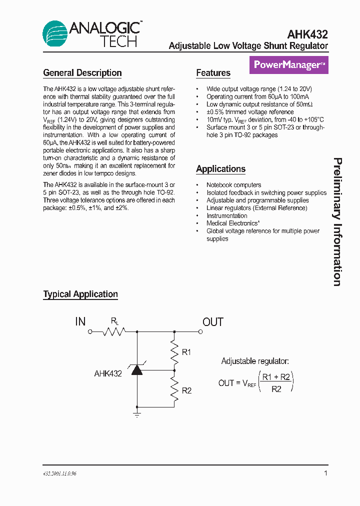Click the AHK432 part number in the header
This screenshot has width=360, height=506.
[x=307, y=34]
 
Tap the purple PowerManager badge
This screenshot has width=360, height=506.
[x=289, y=64]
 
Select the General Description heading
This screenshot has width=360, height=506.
[x=82, y=73]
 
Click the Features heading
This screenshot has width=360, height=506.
[x=213, y=73]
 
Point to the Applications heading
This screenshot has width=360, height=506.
[x=220, y=169]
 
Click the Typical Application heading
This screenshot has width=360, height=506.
[x=80, y=294]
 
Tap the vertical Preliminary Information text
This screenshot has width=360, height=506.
[x=338, y=222]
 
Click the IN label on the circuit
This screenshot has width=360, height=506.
[x=80, y=321]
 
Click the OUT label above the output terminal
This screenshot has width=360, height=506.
[x=212, y=321]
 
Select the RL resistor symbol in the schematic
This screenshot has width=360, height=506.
[x=113, y=331]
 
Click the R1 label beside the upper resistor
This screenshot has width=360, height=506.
[x=186, y=352]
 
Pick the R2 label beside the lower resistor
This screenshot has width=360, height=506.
[x=186, y=390]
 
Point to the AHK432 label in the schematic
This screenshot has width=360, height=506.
[x=108, y=373]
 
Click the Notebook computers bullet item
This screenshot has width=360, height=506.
[x=233, y=185]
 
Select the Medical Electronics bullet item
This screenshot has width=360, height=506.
[x=233, y=223]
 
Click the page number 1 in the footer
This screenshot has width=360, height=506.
[x=326, y=473]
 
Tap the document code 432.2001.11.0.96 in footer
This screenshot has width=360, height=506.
[x=60, y=473]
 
